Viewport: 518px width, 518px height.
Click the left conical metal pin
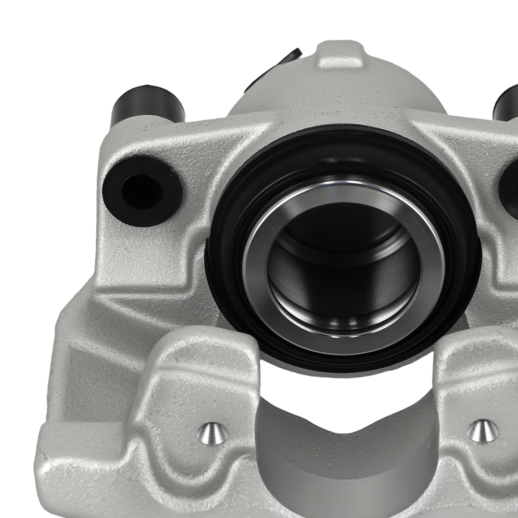point(212,433)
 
